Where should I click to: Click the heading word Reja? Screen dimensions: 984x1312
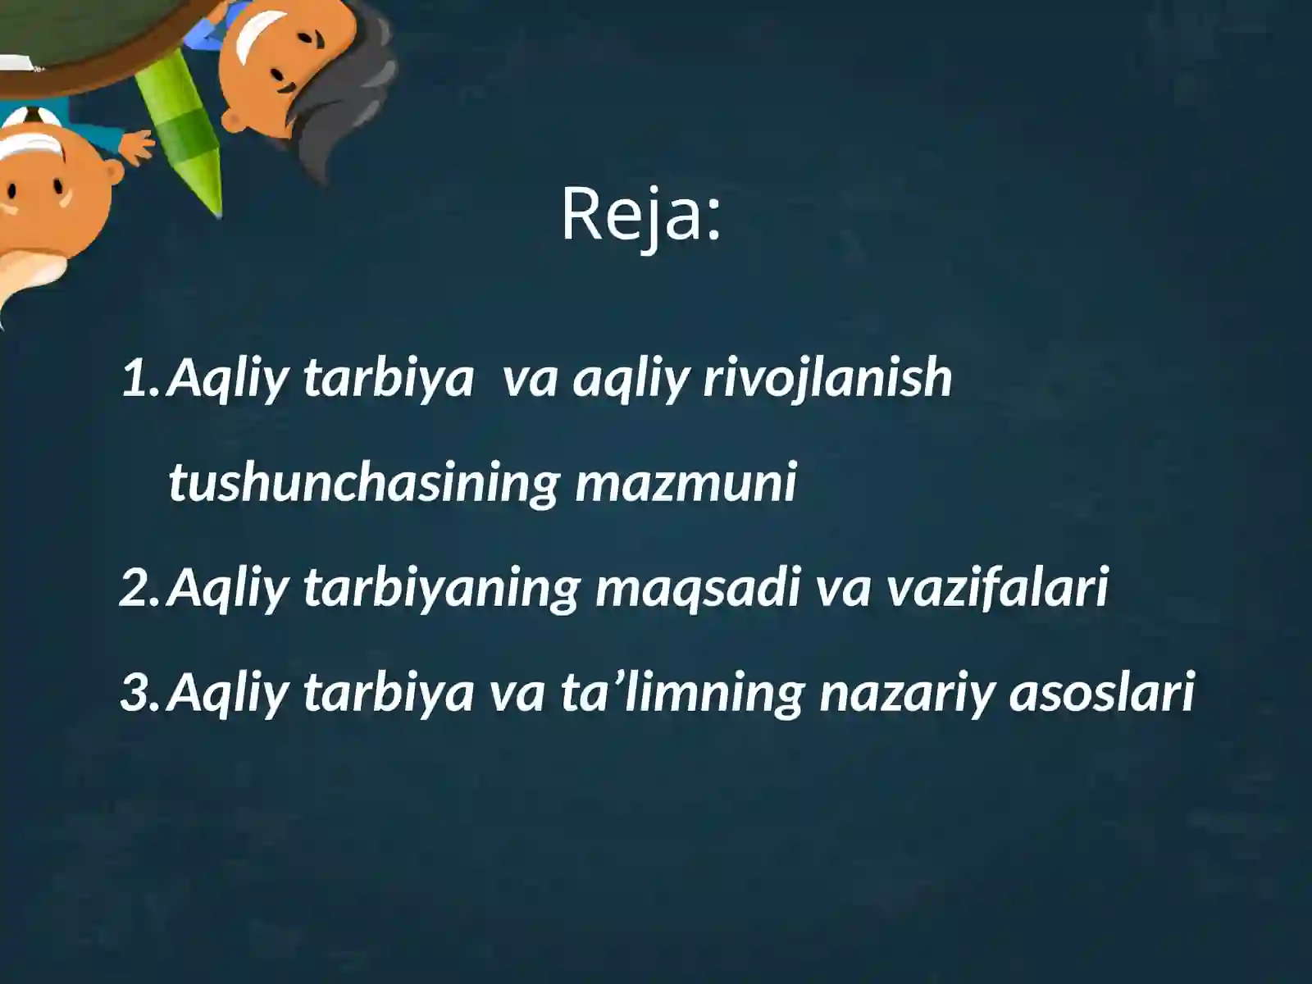click(x=640, y=215)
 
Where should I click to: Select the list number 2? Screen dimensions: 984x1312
click(x=140, y=588)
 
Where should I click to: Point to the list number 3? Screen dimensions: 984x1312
click(x=140, y=692)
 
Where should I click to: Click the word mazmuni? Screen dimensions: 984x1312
click(x=686, y=484)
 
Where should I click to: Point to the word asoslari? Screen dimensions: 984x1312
click(x=1100, y=692)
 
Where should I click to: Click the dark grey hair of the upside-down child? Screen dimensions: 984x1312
click(x=344, y=98)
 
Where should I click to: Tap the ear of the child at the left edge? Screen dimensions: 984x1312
click(x=111, y=173)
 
